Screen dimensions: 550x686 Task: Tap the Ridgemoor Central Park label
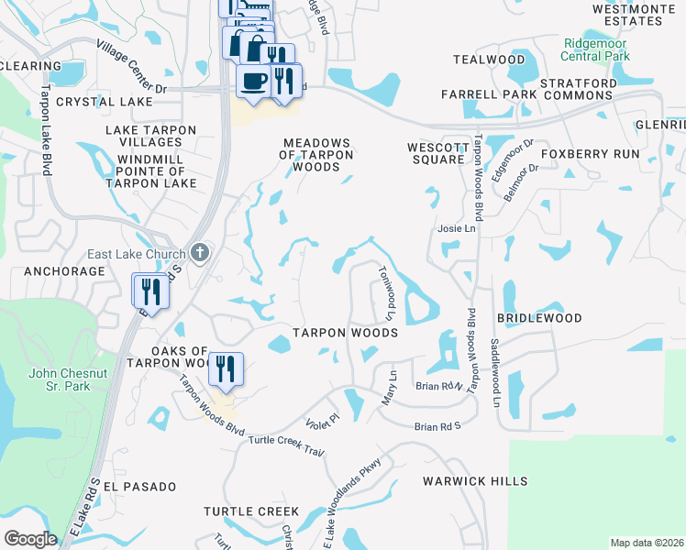tap(597, 49)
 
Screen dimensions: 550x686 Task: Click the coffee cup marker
tap(253, 80)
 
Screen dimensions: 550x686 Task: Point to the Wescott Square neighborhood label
tap(437, 153)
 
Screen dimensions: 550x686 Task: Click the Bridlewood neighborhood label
tap(539, 318)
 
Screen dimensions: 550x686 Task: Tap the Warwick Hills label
tap(475, 480)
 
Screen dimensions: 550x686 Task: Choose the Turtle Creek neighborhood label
tap(251, 511)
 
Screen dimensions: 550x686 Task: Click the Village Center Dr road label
tap(131, 67)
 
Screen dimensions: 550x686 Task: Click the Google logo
tap(30, 539)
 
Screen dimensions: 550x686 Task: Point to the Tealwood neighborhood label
tap(489, 60)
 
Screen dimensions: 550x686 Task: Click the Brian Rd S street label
tap(437, 427)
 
